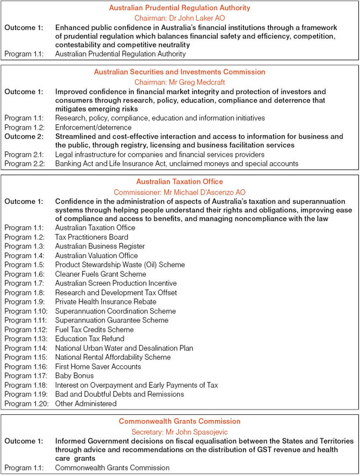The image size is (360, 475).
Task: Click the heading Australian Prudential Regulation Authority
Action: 179,8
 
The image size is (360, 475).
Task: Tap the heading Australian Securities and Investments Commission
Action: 179,71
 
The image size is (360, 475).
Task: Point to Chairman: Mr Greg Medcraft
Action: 179,81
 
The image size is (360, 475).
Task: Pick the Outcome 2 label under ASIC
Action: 25,136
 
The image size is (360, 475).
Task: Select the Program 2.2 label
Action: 25,163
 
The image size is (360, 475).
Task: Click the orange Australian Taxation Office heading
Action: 179,181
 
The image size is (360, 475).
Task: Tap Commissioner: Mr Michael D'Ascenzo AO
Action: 179,191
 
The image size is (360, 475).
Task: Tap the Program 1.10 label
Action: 27,311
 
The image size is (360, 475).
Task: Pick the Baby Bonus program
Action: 74,375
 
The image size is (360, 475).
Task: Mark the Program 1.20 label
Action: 27,404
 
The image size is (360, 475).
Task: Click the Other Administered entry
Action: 86,404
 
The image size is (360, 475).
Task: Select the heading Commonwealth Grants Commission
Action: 179,421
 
